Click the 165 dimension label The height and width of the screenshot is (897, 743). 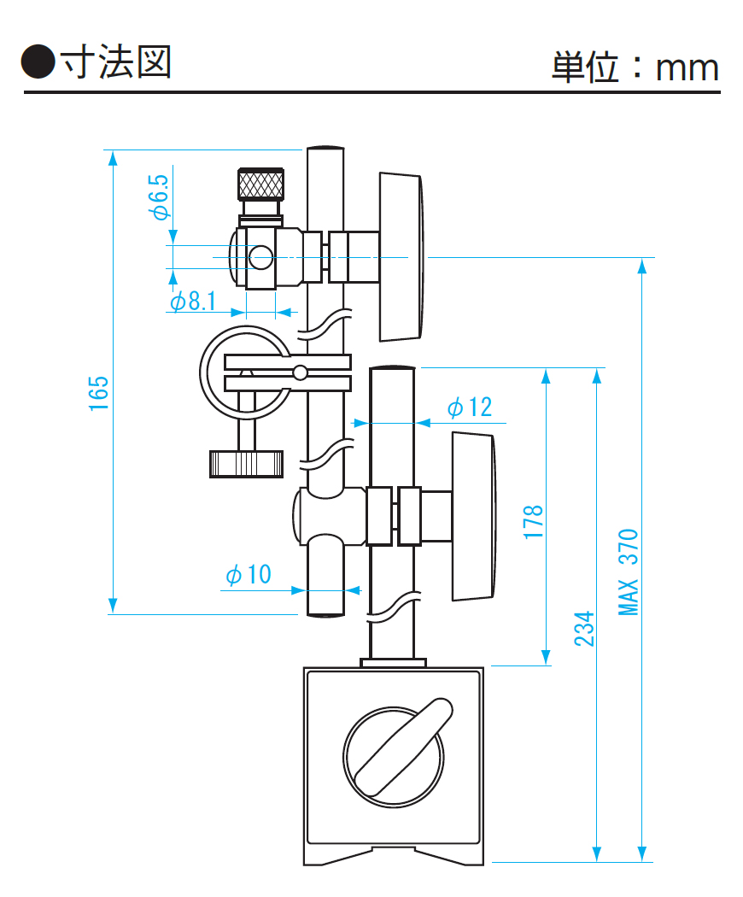98,393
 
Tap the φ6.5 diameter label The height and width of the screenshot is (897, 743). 159,197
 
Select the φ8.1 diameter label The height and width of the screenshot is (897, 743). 193,301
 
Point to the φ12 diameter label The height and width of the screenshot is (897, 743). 470,407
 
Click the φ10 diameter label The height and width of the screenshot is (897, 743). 249,574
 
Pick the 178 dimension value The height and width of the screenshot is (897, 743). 533,521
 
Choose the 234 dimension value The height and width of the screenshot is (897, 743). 584,630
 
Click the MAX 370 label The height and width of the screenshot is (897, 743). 628,572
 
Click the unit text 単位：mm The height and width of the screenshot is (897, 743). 635,67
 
